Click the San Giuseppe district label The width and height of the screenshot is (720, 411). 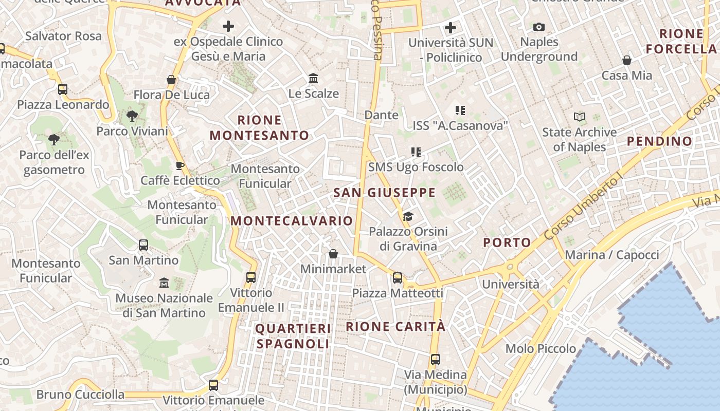tap(384, 193)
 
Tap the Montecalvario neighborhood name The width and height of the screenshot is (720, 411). tap(292, 221)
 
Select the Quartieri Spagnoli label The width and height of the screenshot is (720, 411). tap(293, 336)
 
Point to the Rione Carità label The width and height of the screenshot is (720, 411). tap(395, 327)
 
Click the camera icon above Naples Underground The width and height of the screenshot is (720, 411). tap(539, 27)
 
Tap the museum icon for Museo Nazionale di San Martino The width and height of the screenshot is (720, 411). tap(164, 283)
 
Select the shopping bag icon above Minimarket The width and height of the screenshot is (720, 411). tap(333, 254)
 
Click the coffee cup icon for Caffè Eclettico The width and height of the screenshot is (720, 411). tap(179, 165)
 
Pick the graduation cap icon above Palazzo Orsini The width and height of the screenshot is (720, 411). tap(408, 216)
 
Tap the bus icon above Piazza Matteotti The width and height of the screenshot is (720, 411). tap(398, 278)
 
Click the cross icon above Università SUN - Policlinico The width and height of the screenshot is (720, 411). tap(451, 28)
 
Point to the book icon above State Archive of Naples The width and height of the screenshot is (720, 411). tap(580, 117)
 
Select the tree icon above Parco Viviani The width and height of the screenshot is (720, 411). tap(132, 116)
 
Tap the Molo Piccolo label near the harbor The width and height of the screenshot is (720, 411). tap(541, 349)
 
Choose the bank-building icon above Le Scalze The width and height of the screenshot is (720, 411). tap(313, 79)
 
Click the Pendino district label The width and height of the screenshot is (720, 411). tap(660, 141)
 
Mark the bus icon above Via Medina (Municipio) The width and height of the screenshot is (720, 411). tap(436, 360)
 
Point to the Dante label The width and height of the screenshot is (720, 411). tap(381, 115)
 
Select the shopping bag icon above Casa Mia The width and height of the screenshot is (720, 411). tap(627, 61)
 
